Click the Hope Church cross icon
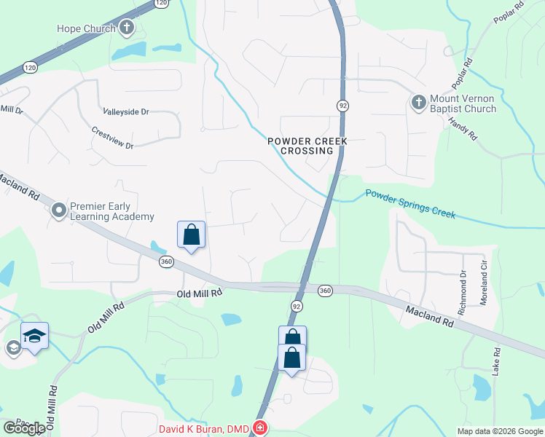pyautogui.click(x=127, y=28)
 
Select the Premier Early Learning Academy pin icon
pyautogui.click(x=59, y=211)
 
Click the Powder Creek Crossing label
pyautogui.click(x=305, y=146)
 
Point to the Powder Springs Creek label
pyautogui.click(x=410, y=204)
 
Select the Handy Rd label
pyautogui.click(x=462, y=129)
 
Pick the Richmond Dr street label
pyautogui.click(x=462, y=293)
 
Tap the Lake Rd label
pyautogui.click(x=496, y=361)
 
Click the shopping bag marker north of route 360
pyautogui.click(x=191, y=235)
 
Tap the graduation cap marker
pyautogui.click(x=34, y=336)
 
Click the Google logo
pyautogui.click(x=24, y=428)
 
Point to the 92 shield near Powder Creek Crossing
pyautogui.click(x=342, y=106)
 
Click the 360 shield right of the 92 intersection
pyautogui.click(x=325, y=291)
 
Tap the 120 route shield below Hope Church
pyautogui.click(x=29, y=67)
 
